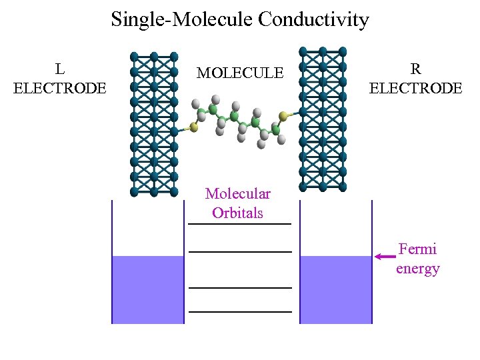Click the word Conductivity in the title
pyautogui.click(x=313, y=20)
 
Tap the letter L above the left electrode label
pyautogui.click(x=60, y=69)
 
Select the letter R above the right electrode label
pyautogui.click(x=415, y=69)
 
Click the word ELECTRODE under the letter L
pyautogui.click(x=60, y=88)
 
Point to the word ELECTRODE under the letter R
pyautogui.click(x=415, y=88)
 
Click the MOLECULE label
pyautogui.click(x=240, y=73)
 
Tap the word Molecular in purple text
pyautogui.click(x=238, y=194)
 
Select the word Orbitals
pyautogui.click(x=238, y=213)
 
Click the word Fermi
pyautogui.click(x=417, y=249)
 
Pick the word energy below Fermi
pyautogui.click(x=417, y=269)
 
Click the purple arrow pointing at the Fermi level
pyautogui.click(x=385, y=257)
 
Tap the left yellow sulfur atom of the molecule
pyautogui.click(x=193, y=125)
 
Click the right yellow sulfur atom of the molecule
pyautogui.click(x=283, y=117)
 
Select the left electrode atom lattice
pyautogui.click(x=154, y=123)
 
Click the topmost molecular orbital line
pyautogui.click(x=240, y=224)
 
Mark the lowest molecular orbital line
pyautogui.click(x=240, y=311)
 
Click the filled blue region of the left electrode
pyautogui.click(x=147, y=290)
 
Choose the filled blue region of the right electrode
pyautogui.click(x=335, y=290)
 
